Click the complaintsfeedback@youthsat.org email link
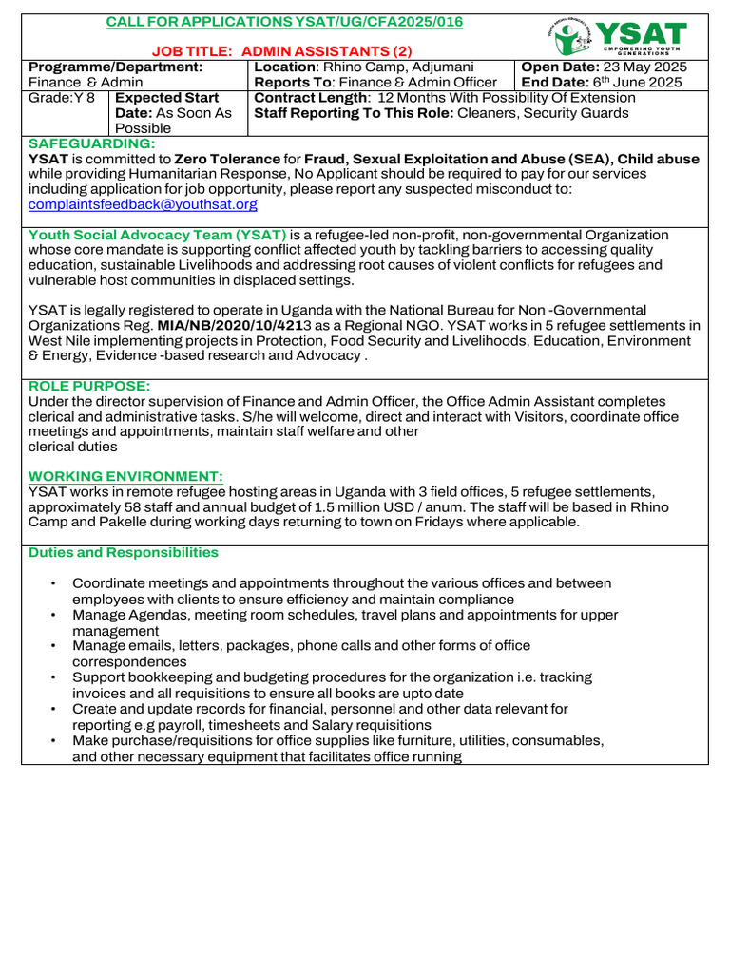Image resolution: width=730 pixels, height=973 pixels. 143,204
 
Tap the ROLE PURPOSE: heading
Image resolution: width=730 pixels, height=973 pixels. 89,386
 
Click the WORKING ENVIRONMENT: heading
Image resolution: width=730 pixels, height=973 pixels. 125,475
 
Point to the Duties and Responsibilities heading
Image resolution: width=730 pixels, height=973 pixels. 124,552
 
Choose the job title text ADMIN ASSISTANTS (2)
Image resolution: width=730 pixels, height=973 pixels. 320,50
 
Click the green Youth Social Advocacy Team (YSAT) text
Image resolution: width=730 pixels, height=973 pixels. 158,235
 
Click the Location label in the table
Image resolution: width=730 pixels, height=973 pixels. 286,67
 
